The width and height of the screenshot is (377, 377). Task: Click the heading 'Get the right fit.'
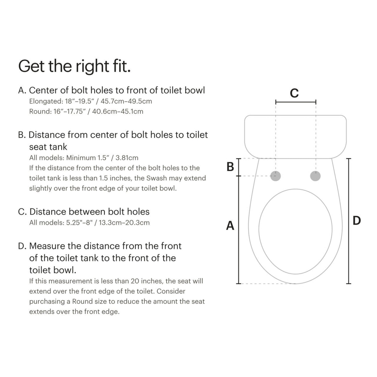tap(74, 66)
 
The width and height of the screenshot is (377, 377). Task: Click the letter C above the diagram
tap(294, 93)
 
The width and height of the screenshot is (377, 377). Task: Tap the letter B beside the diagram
tap(230, 167)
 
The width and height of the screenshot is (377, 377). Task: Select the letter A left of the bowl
tap(230, 226)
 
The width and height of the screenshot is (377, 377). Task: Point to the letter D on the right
tap(357, 221)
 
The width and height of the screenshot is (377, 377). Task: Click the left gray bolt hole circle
tap(276, 176)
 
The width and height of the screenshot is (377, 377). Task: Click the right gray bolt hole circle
tap(315, 176)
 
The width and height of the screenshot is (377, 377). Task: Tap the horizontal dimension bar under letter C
tap(296, 102)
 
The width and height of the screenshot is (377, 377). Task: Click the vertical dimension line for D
tap(348, 221)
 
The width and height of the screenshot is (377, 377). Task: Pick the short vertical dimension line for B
tap(239, 167)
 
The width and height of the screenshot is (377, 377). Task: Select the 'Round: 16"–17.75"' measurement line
tap(86, 111)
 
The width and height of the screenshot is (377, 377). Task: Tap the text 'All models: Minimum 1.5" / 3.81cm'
tap(84, 158)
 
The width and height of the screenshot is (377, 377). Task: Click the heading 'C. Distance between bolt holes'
tap(84, 212)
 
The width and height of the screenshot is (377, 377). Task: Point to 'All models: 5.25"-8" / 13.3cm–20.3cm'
tap(89, 223)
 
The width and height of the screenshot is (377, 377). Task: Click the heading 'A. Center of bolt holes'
tap(112, 90)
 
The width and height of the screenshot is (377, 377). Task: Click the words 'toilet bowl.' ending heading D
tap(52, 270)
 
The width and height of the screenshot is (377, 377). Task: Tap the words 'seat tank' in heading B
tap(48, 147)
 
